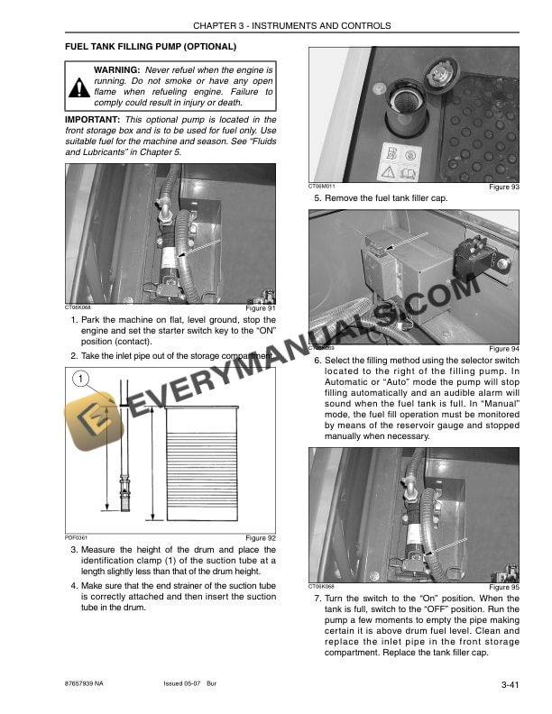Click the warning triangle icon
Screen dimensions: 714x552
[x=79, y=87]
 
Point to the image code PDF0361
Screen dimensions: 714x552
[x=77, y=537]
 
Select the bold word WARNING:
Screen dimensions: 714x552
[x=116, y=69]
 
